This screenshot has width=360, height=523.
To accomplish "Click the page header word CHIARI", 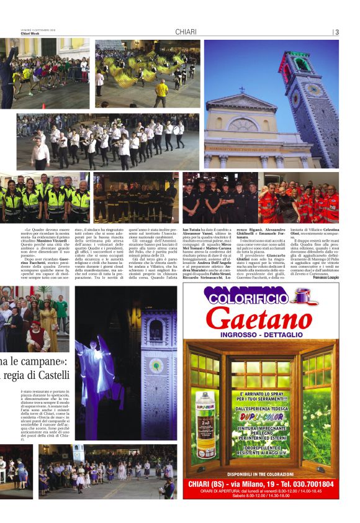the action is coord(186,32).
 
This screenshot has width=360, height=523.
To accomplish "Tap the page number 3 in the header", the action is coord(336,32).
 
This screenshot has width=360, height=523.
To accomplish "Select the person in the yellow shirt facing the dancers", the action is coord(161,92).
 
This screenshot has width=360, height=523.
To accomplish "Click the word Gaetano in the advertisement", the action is coord(259,320).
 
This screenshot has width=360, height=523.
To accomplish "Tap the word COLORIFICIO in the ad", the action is coord(248,298).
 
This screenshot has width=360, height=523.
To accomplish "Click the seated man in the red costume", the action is coord(37,335).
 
